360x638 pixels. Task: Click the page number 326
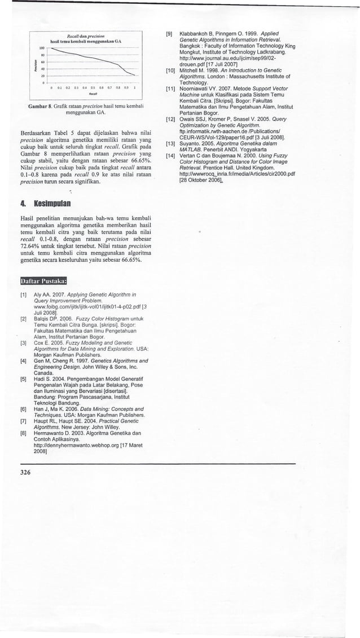[24, 472]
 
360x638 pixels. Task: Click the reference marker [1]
[23, 295]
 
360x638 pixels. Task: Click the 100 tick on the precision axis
[42, 48]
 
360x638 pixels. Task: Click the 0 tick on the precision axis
[43, 82]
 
